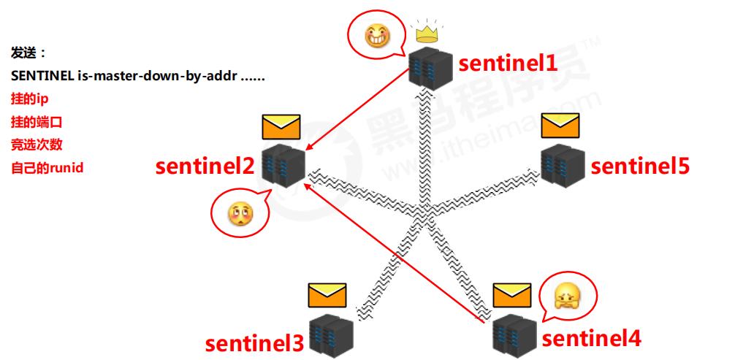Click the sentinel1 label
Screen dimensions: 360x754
coord(508,64)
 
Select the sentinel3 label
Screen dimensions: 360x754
coord(254,342)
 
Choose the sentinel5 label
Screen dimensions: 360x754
coord(640,166)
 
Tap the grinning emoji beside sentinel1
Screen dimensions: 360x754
coord(375,34)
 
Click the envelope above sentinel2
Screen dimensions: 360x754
coord(281,127)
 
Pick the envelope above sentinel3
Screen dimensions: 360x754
coord(327,295)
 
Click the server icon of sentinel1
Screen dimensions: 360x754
coord(431,69)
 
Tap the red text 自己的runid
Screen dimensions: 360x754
coord(47,168)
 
